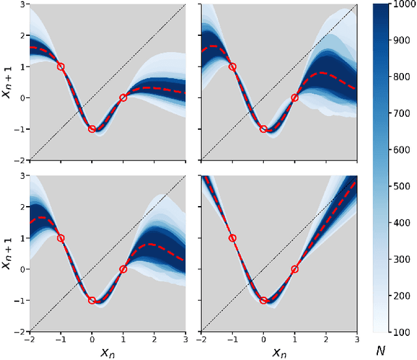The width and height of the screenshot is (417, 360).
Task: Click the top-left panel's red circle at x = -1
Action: pyautogui.click(x=61, y=67)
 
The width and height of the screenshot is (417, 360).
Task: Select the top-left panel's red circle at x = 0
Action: pyautogui.click(x=92, y=129)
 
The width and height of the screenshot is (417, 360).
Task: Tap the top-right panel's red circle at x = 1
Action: pyautogui.click(x=295, y=98)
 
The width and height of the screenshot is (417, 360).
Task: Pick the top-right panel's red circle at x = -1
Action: pyautogui.click(x=233, y=67)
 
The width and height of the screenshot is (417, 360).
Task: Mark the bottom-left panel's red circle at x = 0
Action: pyautogui.click(x=92, y=301)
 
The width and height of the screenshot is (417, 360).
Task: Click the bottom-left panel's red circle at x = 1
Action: pyautogui.click(x=123, y=269)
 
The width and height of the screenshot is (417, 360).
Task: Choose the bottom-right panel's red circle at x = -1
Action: pyautogui.click(x=233, y=238)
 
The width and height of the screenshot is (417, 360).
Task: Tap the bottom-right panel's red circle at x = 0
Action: pyautogui.click(x=263, y=301)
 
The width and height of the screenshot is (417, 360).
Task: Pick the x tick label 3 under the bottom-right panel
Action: pyautogui.click(x=356, y=339)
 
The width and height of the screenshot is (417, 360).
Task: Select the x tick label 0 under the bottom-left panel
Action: pyautogui.click(x=92, y=339)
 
